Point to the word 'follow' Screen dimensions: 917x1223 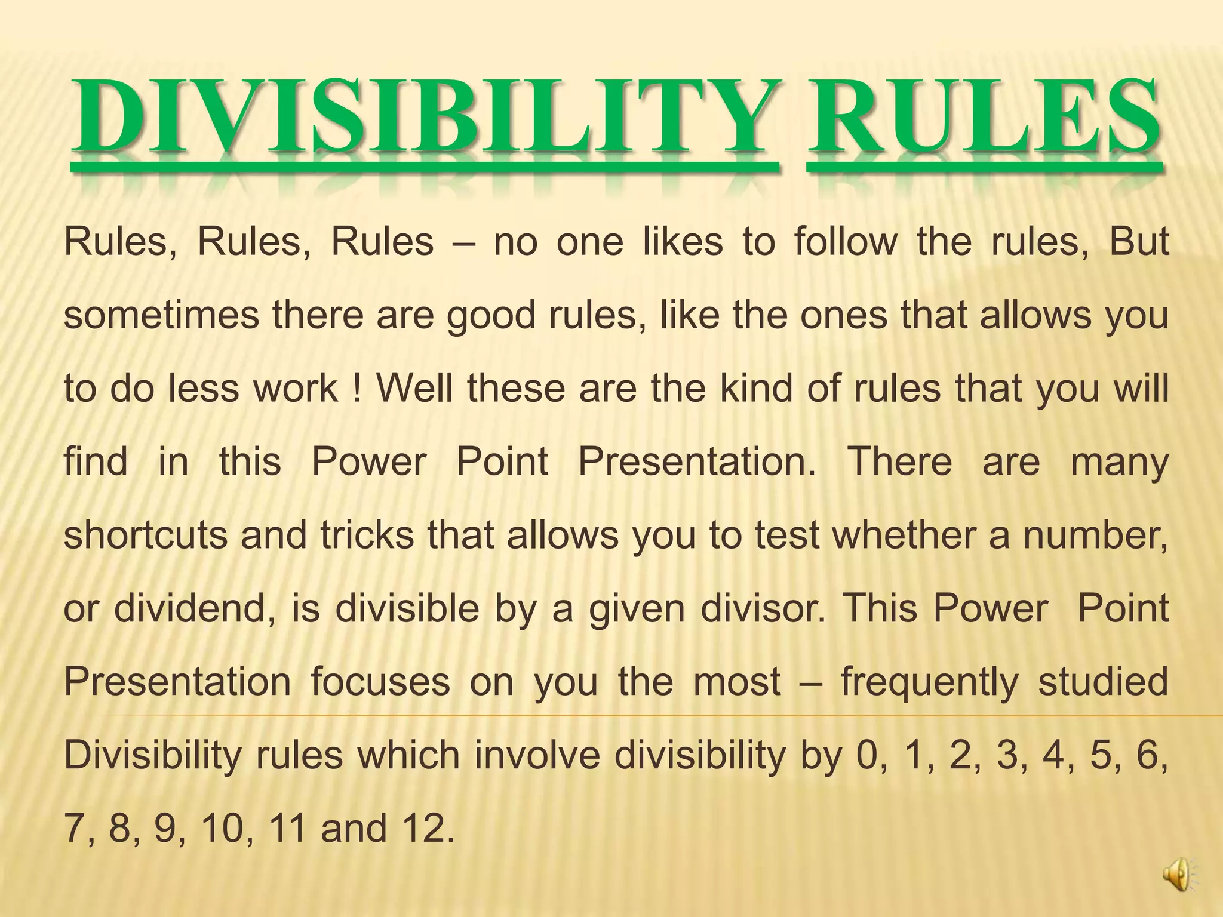tap(846, 242)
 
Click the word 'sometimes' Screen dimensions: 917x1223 tap(161, 315)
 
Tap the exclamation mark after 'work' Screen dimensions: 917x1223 tap(357, 388)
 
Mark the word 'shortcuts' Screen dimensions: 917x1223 tap(146, 535)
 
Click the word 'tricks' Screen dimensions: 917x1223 tap(367, 535)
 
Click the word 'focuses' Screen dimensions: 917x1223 tap(380, 682)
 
